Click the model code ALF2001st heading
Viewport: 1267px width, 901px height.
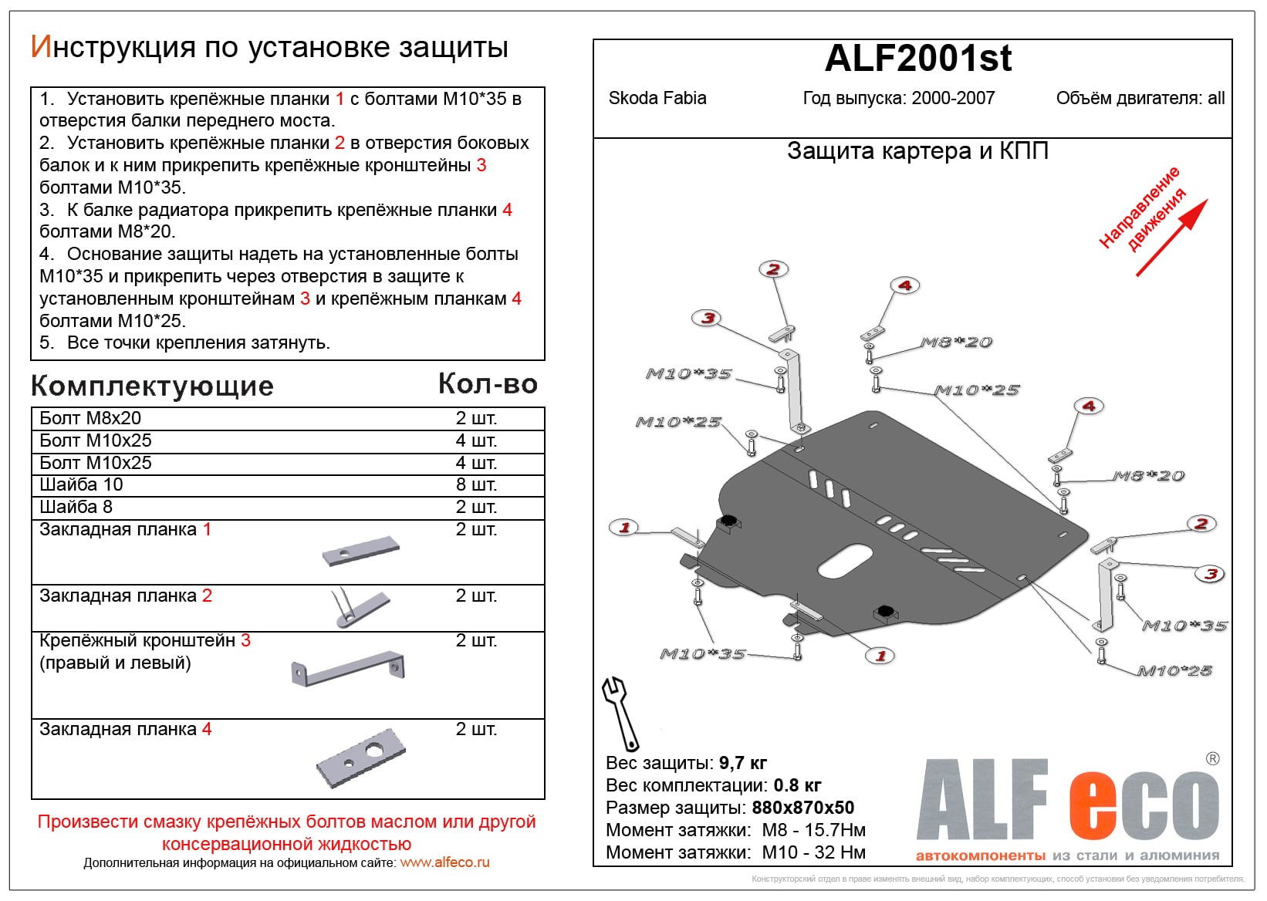917,59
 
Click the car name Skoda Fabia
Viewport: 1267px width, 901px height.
657,99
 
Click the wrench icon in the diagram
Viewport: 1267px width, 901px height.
620,712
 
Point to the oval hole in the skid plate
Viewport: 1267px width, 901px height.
845,560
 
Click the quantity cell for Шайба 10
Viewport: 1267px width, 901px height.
475,484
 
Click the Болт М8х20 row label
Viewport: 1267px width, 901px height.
90,418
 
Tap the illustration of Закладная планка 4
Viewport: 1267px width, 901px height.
361,758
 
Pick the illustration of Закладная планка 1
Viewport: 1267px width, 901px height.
361,550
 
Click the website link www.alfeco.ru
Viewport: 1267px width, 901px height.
444,862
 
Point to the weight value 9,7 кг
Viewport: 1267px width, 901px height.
742,763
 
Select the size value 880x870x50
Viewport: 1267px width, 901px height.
802,808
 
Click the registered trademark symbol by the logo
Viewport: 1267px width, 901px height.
1212,759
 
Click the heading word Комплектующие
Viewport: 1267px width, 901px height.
152,386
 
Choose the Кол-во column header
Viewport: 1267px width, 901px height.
488,384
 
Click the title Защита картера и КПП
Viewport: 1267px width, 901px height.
917,151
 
